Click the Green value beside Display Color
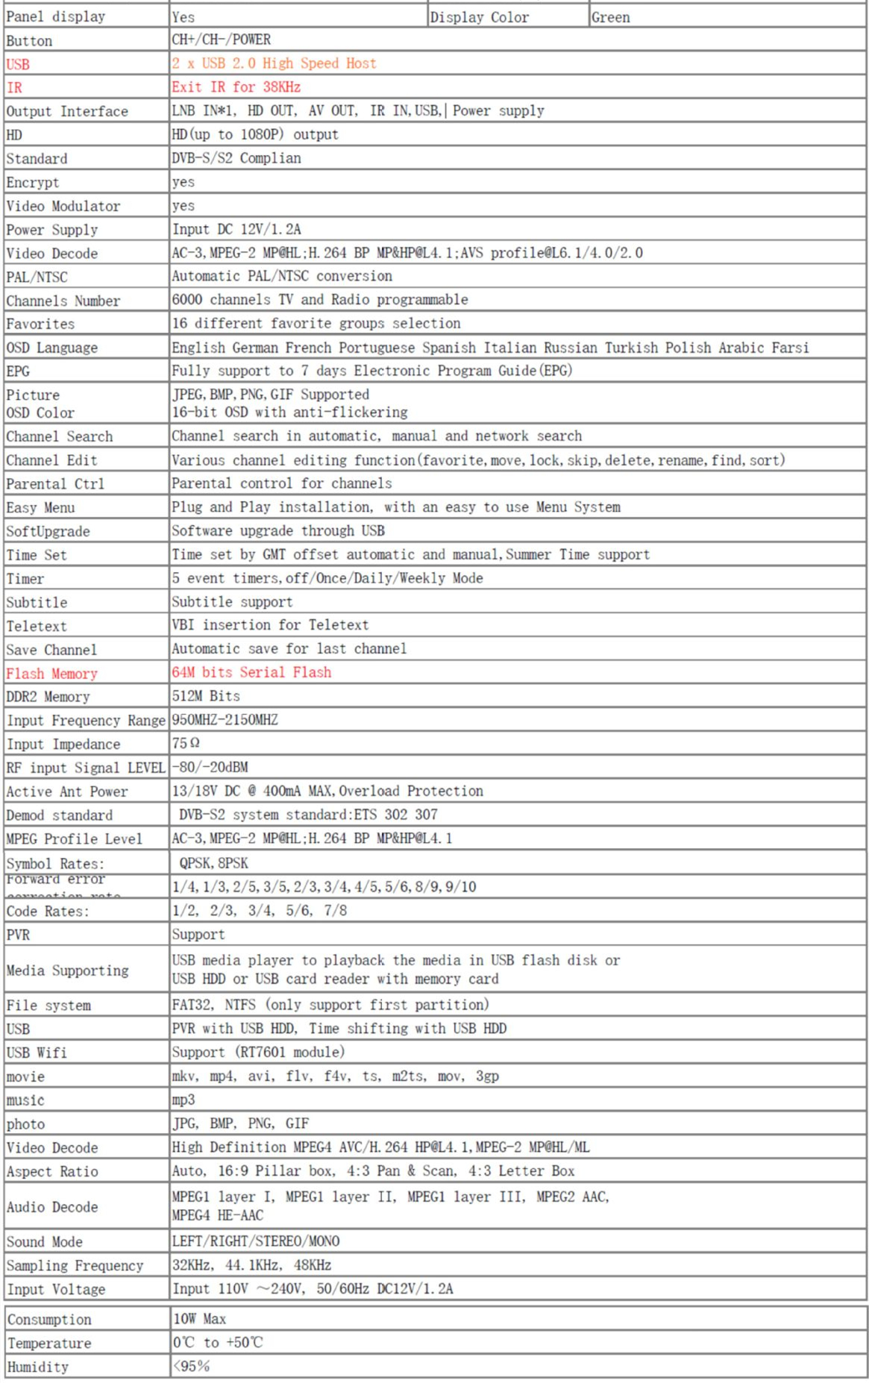(611, 17)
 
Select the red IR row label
(14, 88)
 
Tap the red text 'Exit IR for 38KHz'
(236, 87)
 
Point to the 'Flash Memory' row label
(51, 674)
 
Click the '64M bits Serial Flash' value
(251, 672)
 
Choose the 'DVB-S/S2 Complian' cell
(236, 158)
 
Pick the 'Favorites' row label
(40, 324)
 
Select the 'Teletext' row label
(37, 627)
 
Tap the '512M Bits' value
(206, 696)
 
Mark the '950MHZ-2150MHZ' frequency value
(225, 720)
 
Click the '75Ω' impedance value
(186, 743)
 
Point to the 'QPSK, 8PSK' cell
(213, 863)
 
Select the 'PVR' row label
(18, 935)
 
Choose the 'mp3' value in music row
(183, 1100)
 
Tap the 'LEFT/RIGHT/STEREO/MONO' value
(256, 1241)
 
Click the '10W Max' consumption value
(199, 1319)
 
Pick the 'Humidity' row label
(38, 1367)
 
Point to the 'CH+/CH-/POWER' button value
(222, 40)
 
